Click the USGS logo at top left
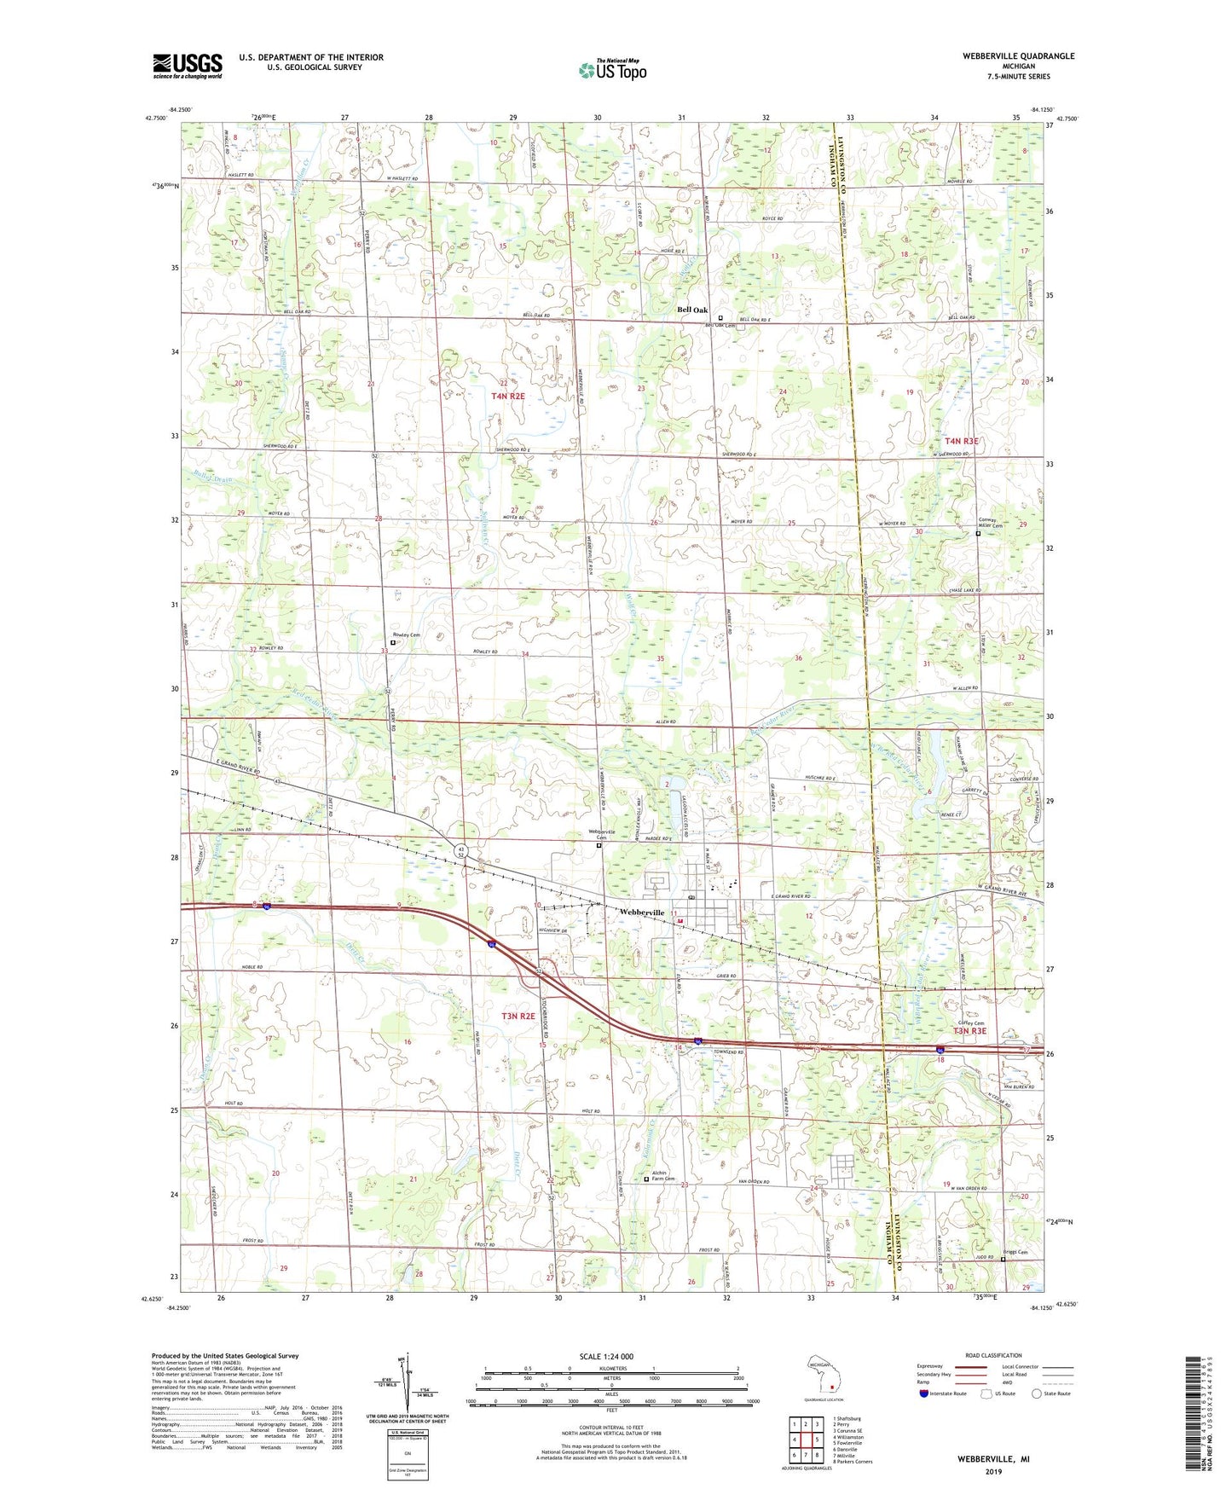pos(187,66)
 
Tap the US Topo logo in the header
pos(611,70)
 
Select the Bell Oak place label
pos(692,310)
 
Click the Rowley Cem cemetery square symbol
pos(393,642)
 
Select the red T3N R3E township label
pos(969,1031)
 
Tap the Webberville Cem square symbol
pos(599,846)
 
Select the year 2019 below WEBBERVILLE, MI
pos(993,1471)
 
